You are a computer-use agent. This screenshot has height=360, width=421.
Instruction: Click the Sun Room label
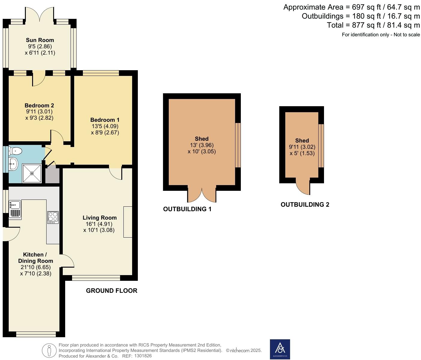[40, 40]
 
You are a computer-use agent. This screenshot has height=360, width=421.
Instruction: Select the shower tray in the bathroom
[32, 173]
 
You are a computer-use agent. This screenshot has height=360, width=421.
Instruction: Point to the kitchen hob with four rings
[53, 217]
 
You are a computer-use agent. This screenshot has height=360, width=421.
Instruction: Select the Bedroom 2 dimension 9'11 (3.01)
[39, 112]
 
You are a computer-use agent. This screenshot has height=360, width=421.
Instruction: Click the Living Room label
[99, 218]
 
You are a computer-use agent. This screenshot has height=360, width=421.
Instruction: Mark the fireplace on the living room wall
[128, 222]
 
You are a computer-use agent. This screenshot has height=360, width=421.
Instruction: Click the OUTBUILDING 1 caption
[187, 209]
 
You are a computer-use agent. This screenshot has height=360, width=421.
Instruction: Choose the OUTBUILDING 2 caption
[305, 205]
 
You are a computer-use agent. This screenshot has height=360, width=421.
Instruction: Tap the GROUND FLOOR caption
[111, 291]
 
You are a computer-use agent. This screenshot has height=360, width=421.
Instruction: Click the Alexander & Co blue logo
[280, 349]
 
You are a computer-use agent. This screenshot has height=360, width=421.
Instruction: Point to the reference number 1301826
[143, 356]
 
